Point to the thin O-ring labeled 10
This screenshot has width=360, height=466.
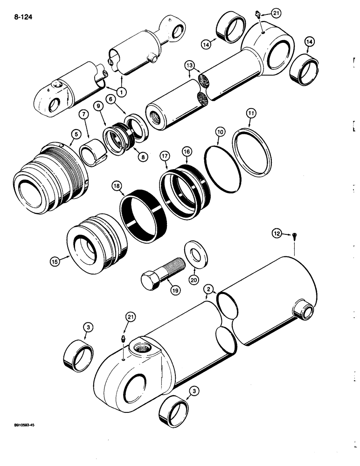click(223, 162)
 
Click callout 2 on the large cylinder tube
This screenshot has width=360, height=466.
click(209, 290)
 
